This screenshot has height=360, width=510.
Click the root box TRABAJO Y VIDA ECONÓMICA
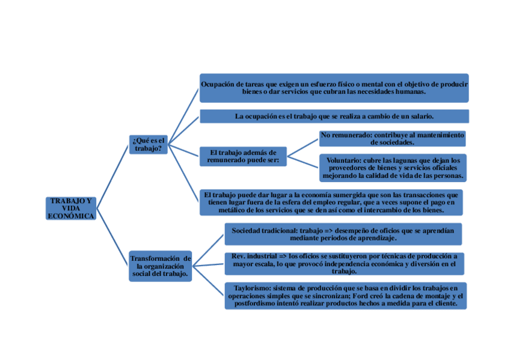(71, 208)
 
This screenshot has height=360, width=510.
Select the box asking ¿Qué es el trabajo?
(148, 144)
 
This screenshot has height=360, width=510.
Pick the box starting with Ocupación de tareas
(334, 88)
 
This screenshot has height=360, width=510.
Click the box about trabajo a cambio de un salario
(334, 116)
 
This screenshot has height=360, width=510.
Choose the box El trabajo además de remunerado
(242, 156)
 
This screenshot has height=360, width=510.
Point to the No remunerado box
(392, 139)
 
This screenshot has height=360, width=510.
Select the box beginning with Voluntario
(392, 168)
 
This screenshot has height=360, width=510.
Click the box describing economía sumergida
(331, 203)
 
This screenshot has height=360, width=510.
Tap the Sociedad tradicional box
(343, 234)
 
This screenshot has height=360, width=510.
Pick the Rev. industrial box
(344, 263)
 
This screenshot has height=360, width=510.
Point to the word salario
(420, 116)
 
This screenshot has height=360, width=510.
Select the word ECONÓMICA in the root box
(71, 216)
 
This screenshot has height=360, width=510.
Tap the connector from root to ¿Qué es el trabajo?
(112, 175)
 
